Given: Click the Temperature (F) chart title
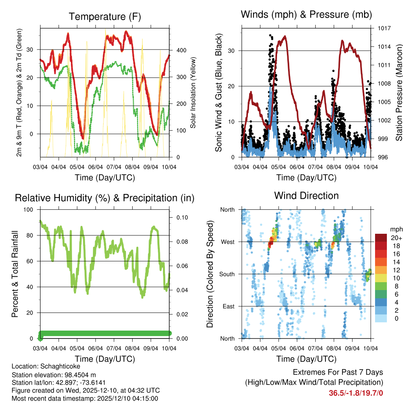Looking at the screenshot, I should (x=104, y=17).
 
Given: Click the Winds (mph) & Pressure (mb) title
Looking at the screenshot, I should (x=306, y=15).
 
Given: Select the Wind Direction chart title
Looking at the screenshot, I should (x=306, y=195).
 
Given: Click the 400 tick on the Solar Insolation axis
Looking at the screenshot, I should (x=181, y=50).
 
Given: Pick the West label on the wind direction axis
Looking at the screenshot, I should (x=227, y=242).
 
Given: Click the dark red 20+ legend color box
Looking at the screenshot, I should (x=381, y=238).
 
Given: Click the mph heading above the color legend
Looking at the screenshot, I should (x=395, y=229).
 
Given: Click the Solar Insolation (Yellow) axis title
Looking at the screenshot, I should (x=193, y=92).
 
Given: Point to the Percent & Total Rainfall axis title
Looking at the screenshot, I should (x=15, y=274).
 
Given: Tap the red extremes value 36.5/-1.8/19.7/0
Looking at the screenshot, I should (x=356, y=393).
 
